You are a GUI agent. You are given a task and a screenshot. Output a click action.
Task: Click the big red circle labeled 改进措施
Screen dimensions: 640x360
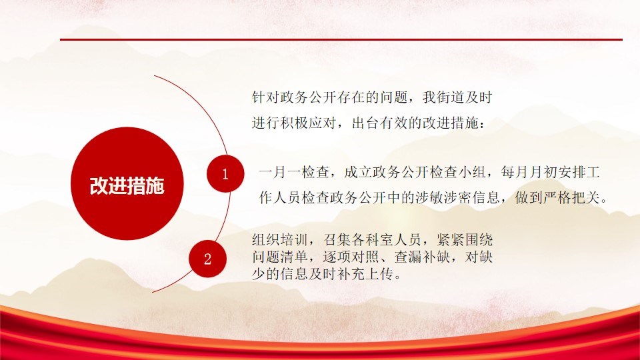pos(127,184)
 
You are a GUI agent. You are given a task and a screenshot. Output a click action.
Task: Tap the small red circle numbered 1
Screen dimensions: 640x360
pos(225,174)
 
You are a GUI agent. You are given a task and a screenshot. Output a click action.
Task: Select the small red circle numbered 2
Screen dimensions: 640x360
pos(208,259)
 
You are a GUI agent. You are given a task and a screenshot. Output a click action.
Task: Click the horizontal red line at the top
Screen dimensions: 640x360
pos(341,39)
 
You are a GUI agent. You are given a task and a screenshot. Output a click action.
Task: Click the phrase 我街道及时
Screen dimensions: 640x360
pos(457,97)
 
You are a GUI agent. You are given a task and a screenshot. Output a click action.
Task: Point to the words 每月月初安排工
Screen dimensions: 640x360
pos(550,172)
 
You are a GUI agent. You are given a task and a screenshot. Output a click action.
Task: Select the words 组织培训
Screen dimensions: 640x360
pos(280,239)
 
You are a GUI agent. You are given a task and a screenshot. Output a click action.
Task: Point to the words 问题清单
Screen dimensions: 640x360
pos(280,257)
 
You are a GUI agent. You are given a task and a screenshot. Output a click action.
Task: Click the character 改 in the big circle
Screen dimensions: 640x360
pos(99,186)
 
